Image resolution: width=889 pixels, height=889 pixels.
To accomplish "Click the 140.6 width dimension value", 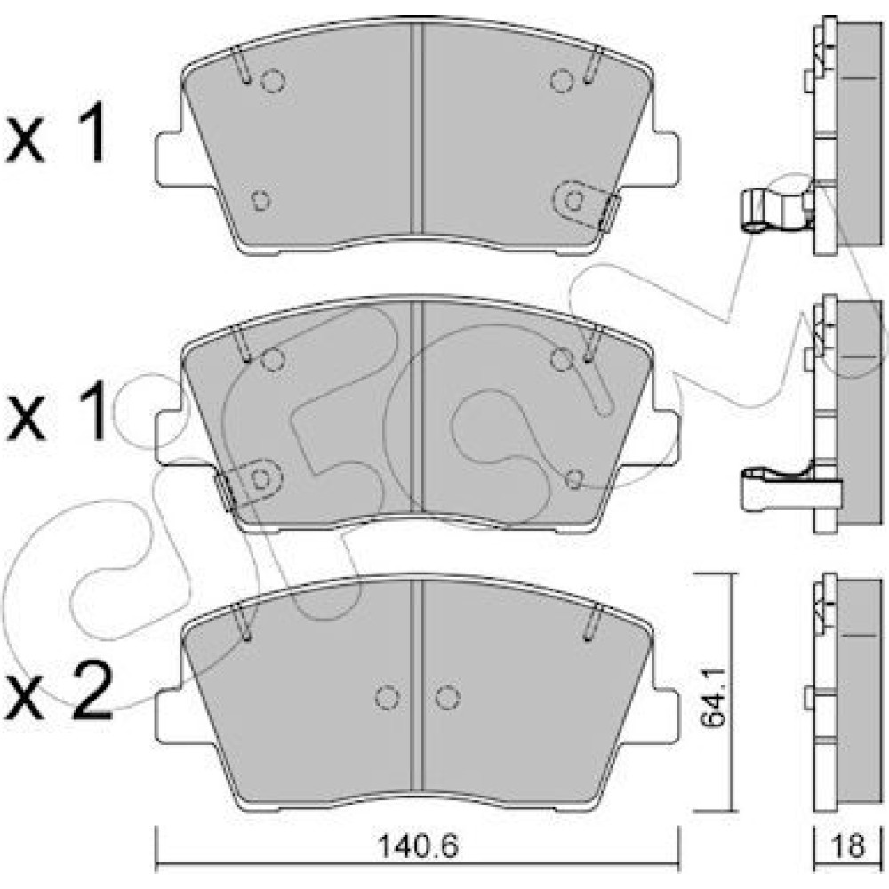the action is [x=418, y=846].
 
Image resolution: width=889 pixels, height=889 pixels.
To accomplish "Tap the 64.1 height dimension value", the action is [x=712, y=696].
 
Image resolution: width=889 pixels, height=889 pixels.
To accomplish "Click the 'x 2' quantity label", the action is [x=59, y=693].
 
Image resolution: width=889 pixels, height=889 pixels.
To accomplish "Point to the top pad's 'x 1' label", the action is [x=56, y=132].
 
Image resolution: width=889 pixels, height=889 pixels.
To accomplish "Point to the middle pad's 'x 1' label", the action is [x=56, y=410].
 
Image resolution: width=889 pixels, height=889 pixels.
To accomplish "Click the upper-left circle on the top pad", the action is [x=273, y=81].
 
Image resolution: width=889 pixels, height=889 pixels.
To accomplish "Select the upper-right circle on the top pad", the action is [x=562, y=81].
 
